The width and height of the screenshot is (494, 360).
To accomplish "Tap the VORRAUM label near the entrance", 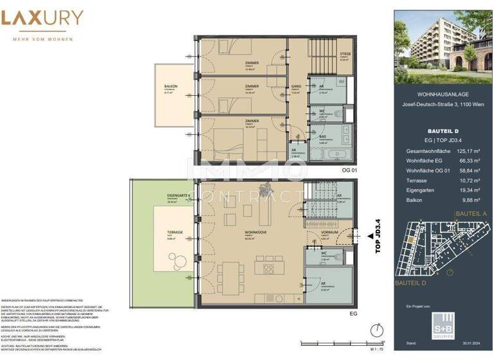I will (334, 234).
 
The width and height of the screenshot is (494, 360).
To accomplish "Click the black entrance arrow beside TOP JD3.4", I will (369, 237).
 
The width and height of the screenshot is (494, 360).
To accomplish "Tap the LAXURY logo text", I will (42, 19).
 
